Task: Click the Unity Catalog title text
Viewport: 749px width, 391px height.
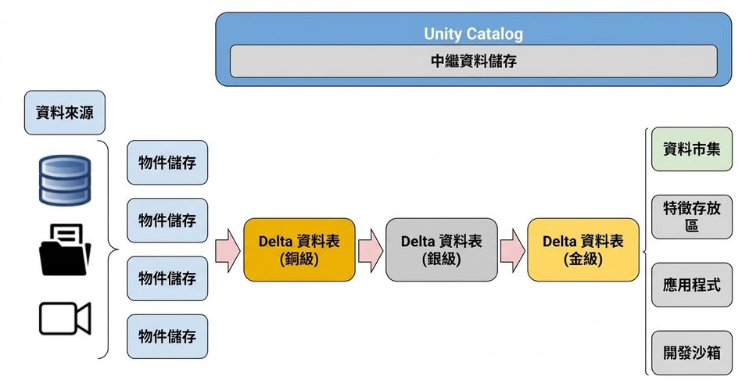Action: (x=473, y=34)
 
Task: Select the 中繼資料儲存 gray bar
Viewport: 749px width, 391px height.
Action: (x=473, y=61)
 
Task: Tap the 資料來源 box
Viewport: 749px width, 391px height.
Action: (x=64, y=113)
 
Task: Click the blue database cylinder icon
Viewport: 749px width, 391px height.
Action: (x=65, y=180)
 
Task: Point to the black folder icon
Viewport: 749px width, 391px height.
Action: (x=65, y=249)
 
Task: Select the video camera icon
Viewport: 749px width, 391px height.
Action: (x=65, y=318)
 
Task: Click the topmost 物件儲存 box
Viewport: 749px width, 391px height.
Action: (x=167, y=163)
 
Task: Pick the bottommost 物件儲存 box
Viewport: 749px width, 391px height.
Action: (x=167, y=336)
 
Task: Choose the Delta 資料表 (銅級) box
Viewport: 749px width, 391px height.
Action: (x=299, y=250)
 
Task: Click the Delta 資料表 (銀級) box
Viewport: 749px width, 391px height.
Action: (x=442, y=250)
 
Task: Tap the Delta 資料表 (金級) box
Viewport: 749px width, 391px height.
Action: (x=583, y=250)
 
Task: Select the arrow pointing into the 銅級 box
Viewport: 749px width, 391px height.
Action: (x=228, y=250)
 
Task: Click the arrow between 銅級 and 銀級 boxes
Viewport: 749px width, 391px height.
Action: (x=371, y=250)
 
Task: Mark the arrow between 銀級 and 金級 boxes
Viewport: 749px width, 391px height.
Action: (x=513, y=250)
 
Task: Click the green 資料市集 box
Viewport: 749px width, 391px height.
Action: (x=692, y=149)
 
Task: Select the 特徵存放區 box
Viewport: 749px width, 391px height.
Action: (x=692, y=217)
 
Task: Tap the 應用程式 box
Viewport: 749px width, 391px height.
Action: (x=692, y=285)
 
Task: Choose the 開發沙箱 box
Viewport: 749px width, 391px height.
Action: (x=692, y=353)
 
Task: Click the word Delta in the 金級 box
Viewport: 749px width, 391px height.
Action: (x=559, y=242)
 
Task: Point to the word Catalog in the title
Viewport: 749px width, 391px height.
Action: (x=495, y=34)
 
